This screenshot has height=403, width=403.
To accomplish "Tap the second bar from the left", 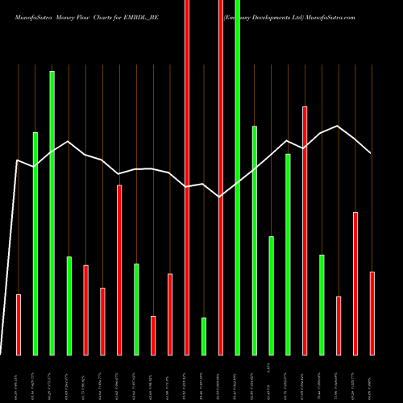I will (x=35, y=243).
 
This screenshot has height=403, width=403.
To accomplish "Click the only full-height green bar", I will (x=237, y=177).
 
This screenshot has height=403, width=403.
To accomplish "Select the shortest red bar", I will (x=153, y=334).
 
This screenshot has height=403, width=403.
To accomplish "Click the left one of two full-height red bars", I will (x=187, y=177).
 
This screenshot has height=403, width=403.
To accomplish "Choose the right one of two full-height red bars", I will (x=221, y=177).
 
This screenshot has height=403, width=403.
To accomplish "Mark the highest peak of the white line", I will (x=339, y=126).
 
